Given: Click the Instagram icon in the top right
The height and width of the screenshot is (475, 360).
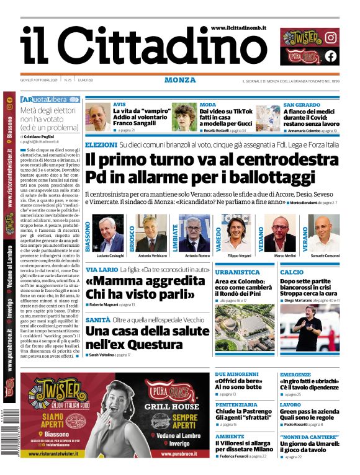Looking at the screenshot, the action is point(331,37).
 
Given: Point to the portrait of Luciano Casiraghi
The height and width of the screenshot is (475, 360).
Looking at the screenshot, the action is point(110,233).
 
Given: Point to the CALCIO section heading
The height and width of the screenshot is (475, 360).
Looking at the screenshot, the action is point(292,272).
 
